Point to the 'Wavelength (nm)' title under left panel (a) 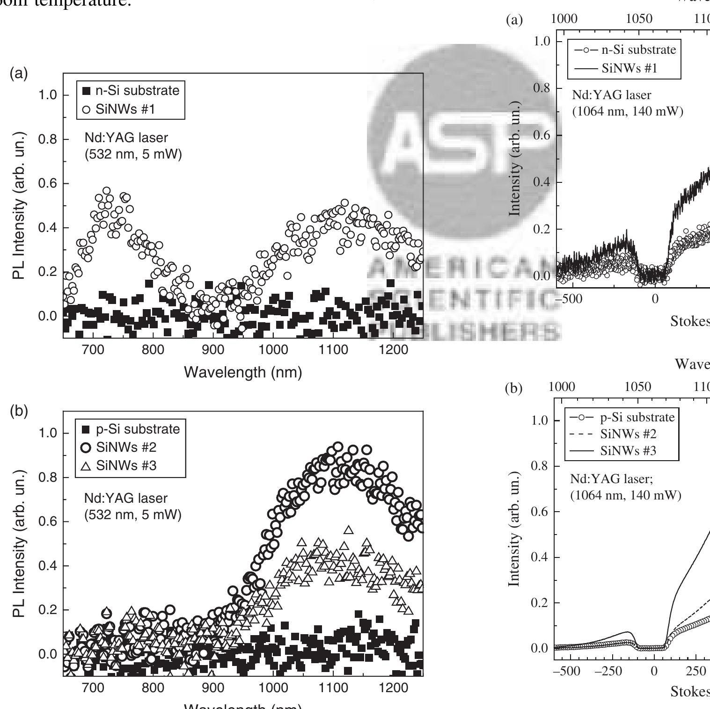coord(243,372)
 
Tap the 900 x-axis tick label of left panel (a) coord(213,350)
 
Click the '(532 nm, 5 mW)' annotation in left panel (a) coord(132,154)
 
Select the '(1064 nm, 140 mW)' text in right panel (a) coord(628,112)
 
